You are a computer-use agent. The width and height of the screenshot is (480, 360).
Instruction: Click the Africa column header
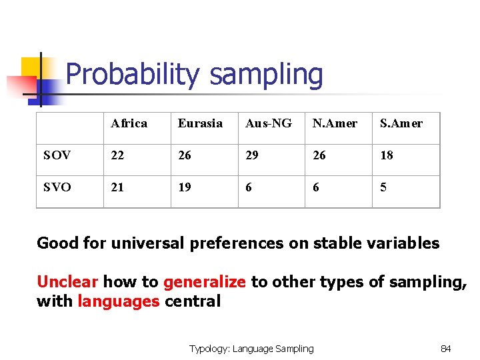[x=129, y=123]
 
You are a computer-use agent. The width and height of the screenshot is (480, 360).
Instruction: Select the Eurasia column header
[x=200, y=123]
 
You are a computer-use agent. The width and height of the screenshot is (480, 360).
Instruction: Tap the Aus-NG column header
[x=268, y=123]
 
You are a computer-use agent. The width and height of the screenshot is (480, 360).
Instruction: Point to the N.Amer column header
[x=335, y=123]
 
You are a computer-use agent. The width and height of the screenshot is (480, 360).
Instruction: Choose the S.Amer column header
[x=401, y=123]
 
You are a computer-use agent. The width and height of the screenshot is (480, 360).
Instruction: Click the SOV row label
[x=57, y=155]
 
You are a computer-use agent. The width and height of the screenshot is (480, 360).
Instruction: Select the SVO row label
[x=57, y=187]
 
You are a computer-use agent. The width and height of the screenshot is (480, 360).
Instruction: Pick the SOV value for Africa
[x=117, y=155]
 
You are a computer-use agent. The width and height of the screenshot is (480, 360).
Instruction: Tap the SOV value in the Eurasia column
[x=185, y=155]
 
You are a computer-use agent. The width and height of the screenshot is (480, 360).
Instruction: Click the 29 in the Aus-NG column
[x=253, y=155]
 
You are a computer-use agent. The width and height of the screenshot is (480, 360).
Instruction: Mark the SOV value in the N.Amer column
[x=319, y=155]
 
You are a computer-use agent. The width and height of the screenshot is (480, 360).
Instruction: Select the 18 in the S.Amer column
[x=387, y=155]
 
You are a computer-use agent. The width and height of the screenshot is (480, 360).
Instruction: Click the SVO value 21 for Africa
[x=117, y=187]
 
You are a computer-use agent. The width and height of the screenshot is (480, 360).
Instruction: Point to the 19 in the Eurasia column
[x=185, y=187]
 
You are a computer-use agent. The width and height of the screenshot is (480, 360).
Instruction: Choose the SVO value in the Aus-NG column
[x=249, y=187]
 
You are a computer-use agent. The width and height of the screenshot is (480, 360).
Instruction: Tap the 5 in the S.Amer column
[x=383, y=187]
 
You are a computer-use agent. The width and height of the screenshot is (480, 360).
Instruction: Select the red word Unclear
[x=67, y=282]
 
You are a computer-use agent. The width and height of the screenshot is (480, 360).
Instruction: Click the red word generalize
[x=205, y=282]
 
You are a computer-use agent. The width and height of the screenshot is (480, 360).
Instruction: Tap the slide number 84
[x=446, y=349]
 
